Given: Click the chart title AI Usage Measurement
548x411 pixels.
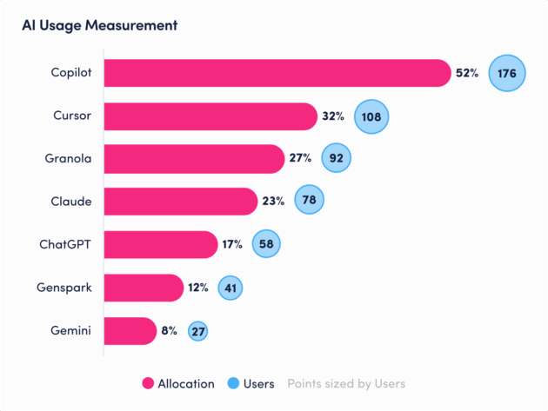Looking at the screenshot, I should click(100, 25).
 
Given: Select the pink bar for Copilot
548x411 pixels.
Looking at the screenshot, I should click(277, 73).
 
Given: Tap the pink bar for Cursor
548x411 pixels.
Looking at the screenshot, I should click(210, 116).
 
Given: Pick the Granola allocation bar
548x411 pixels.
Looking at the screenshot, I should click(194, 159).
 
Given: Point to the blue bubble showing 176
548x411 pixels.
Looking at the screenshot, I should click(507, 74).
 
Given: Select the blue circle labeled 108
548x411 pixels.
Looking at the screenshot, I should click(371, 116).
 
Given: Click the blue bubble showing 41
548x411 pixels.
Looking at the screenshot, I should click(230, 288).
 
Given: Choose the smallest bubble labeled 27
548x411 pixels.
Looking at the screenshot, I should click(197, 330).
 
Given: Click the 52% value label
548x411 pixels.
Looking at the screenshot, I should click(467, 74).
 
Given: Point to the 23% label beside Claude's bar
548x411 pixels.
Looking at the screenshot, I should click(274, 202).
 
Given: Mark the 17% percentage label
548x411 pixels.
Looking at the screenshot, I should click(231, 244).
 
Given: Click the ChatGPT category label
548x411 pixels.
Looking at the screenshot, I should click(67, 244).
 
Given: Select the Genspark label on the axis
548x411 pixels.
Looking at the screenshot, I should click(65, 288).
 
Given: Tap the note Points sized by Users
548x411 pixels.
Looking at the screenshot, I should click(346, 383).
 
